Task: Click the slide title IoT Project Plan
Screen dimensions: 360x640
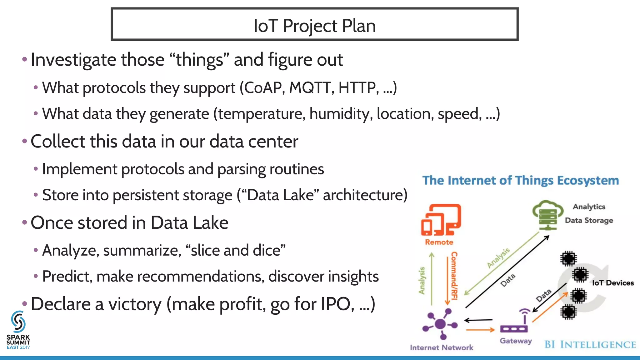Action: tap(314, 25)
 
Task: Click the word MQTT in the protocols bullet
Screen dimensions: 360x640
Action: tap(310, 88)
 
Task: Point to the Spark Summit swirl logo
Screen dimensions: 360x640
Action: tap(18, 322)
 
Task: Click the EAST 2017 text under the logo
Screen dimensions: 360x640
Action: tap(18, 347)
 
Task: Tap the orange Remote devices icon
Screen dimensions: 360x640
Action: tap(441, 220)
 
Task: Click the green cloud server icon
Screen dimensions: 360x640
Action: tap(547, 215)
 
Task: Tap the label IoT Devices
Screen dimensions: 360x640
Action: tap(613, 283)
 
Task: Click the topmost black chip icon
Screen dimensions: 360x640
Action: tap(568, 258)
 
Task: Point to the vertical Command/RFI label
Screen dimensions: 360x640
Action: tap(454, 276)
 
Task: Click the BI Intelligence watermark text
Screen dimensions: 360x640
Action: tap(590, 345)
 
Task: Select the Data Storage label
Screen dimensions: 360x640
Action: tap(589, 220)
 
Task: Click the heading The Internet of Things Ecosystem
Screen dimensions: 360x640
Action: tap(520, 181)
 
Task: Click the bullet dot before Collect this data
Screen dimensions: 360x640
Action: tap(25, 141)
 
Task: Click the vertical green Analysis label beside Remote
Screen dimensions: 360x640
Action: tap(422, 280)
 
